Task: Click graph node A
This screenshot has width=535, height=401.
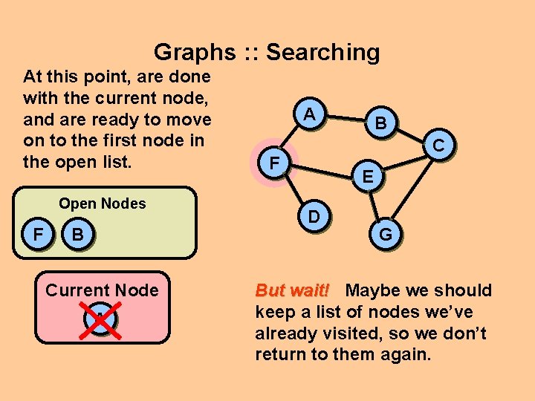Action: pos(311,114)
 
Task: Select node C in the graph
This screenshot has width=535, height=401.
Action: pos(438,146)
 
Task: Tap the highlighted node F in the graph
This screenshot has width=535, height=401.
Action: pos(273,161)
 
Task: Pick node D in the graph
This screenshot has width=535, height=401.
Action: pos(314,216)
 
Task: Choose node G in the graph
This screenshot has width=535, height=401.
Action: pos(386,234)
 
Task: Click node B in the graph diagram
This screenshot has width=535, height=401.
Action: pos(380,123)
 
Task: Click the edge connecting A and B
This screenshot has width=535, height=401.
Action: pos(346,119)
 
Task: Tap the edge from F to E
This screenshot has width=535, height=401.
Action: pos(320,169)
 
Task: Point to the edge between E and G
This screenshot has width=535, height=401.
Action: pos(376,205)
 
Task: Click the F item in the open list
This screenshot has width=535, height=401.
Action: pos(36,235)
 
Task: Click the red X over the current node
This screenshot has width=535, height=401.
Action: pos(101,319)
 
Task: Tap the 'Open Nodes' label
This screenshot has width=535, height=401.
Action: pos(103,203)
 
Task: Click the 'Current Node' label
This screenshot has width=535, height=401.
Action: pos(102,290)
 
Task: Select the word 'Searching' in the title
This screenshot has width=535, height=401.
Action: pos(322,52)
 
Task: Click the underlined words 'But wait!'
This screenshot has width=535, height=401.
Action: pos(296,290)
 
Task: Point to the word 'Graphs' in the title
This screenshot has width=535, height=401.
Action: pos(195,52)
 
